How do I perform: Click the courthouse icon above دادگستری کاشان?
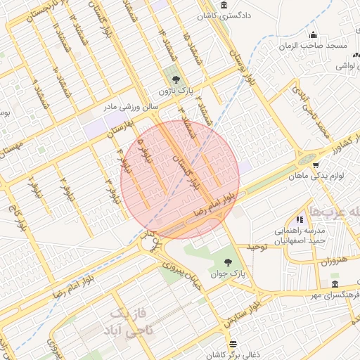click(224, 5)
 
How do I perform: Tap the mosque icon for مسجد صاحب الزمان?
click(314, 34)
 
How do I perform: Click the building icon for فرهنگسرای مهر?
click(333, 284)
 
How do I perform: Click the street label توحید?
click(258, 247)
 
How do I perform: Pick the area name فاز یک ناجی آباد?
click(127, 321)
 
